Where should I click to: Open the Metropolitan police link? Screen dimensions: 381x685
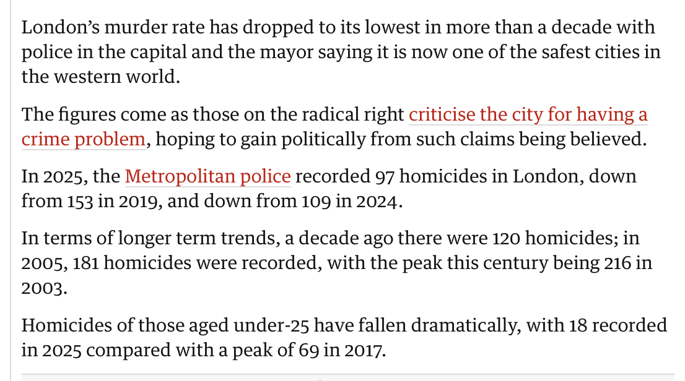(x=207, y=177)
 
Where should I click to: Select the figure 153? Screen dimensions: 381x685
(x=77, y=202)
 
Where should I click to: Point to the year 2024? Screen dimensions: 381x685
(x=376, y=202)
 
